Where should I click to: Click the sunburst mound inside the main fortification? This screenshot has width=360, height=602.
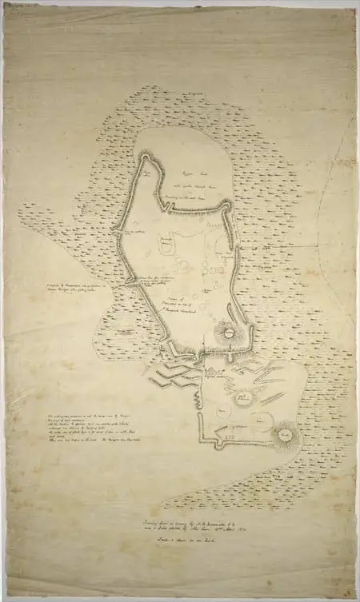(227, 329)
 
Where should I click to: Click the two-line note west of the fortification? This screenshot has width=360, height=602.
(80, 287)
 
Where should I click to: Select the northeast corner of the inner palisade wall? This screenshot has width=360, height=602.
(227, 205)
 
